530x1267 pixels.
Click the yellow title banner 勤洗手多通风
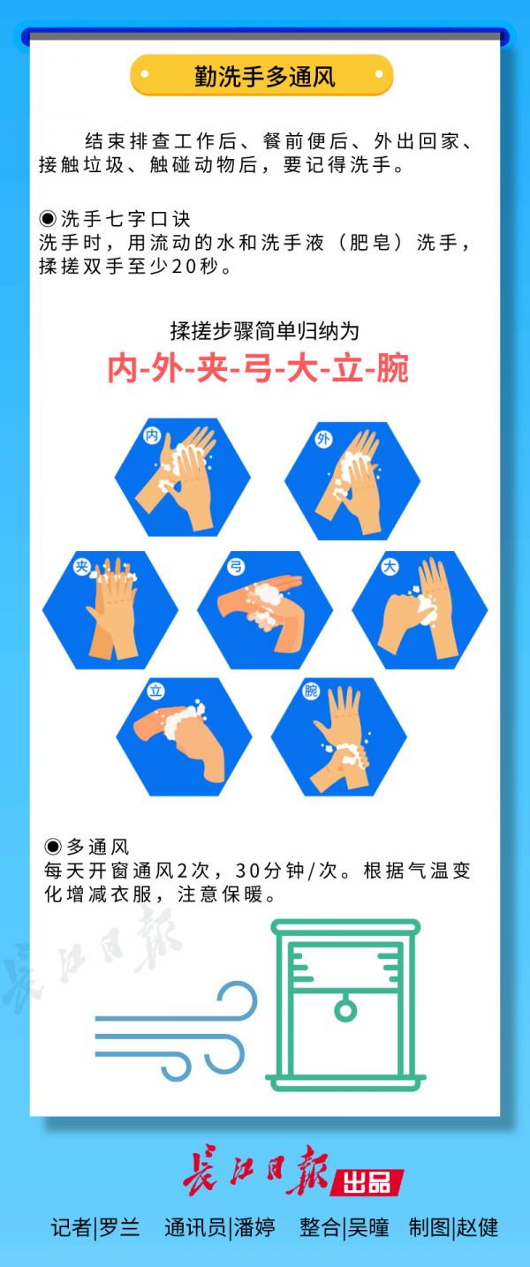(261, 75)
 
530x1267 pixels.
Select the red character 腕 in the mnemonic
(392, 368)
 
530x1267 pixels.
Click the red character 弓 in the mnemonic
(258, 368)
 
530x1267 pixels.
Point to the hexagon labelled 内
(182, 477)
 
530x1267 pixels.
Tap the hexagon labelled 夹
(110, 610)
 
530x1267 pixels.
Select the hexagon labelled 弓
(265, 610)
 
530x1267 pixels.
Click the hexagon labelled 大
(420, 610)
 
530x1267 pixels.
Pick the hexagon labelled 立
(184, 736)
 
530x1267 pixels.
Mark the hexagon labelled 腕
(339, 736)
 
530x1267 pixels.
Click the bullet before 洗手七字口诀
(48, 218)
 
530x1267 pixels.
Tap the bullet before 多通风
(53, 846)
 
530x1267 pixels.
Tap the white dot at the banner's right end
(379, 74)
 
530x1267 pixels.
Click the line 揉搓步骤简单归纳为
(265, 331)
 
